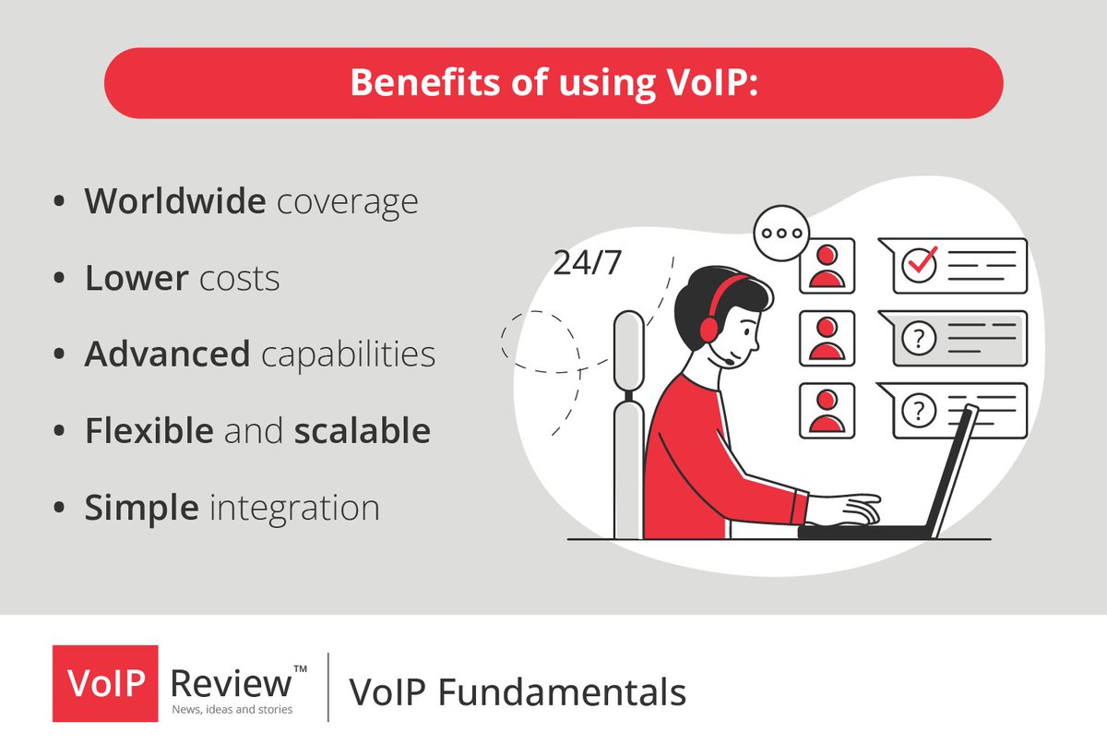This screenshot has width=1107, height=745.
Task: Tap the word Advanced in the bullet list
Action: pos(167,354)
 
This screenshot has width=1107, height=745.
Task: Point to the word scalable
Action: pos(363,431)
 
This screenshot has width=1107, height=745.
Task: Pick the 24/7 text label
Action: pos(588,262)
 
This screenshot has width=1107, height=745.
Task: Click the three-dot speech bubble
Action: pos(781,233)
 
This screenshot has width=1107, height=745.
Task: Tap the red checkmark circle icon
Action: pos(919,264)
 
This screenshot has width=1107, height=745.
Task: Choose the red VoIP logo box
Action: pos(105,684)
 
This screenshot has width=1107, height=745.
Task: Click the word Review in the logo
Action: pos(231,684)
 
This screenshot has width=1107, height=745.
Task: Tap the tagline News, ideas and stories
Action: pos(232,709)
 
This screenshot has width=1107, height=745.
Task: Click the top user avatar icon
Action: pos(827,265)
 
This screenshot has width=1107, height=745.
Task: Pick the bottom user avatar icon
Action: pos(827,411)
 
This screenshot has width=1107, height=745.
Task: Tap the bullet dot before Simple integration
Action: pos(60,509)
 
